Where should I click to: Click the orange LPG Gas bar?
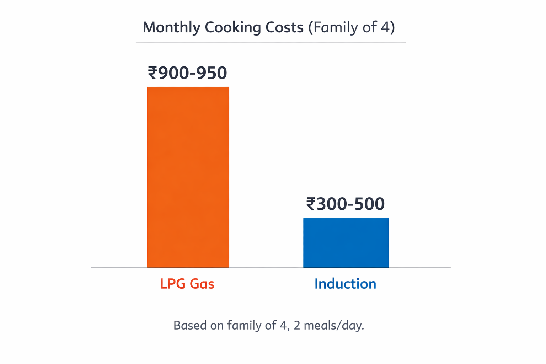click(188, 177)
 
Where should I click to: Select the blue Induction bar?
click(346, 242)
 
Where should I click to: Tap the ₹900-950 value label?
click(187, 73)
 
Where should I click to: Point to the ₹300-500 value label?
click(345, 204)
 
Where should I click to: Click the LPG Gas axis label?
click(187, 284)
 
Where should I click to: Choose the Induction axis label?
click(345, 284)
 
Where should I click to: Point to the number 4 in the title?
click(386, 28)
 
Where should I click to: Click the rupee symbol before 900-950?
click(152, 73)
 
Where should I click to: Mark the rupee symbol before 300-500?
click(311, 204)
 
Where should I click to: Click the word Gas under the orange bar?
click(202, 284)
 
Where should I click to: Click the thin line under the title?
click(271, 43)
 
